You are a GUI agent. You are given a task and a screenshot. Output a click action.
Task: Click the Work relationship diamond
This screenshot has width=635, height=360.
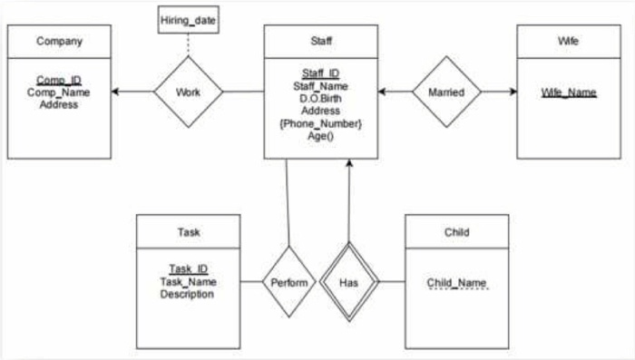tap(189, 92)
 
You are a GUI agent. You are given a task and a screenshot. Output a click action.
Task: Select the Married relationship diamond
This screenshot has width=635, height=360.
tap(445, 92)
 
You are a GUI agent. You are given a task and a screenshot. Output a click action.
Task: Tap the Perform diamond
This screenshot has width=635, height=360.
tap(289, 281)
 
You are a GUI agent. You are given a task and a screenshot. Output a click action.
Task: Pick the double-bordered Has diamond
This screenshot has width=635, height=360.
tap(349, 281)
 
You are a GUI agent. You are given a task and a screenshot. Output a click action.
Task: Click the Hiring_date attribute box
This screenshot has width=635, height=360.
tap(189, 20)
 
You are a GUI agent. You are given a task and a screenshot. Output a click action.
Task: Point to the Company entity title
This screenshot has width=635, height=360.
tap(59, 41)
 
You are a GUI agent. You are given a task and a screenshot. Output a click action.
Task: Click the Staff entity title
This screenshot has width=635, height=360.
tap(320, 41)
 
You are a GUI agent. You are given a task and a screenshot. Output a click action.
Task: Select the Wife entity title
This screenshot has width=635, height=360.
tap(569, 41)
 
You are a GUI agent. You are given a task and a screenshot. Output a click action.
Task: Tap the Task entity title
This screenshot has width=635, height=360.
tap(188, 232)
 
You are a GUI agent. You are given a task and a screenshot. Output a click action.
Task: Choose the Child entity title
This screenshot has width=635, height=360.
tap(456, 232)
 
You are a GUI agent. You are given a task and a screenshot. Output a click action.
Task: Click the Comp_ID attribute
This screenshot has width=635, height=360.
tap(59, 80)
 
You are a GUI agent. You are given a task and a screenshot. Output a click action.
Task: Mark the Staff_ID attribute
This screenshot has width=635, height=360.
tap(320, 73)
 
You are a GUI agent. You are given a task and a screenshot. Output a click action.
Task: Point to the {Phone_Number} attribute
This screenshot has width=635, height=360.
tap(320, 123)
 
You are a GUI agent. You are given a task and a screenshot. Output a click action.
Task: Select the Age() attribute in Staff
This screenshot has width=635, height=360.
tap(320, 136)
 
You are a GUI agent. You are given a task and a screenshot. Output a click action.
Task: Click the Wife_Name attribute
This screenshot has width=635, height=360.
tap(569, 92)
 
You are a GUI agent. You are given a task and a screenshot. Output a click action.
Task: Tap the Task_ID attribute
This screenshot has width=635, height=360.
tap(188, 268)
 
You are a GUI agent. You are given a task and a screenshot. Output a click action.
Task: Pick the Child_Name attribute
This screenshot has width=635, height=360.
tap(456, 281)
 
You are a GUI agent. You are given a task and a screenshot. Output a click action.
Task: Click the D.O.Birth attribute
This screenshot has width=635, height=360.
tap(320, 98)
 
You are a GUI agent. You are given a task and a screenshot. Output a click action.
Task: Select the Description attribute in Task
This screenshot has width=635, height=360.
tap(188, 294)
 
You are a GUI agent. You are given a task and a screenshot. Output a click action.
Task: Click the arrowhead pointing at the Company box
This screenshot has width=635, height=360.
tap(116, 92)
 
